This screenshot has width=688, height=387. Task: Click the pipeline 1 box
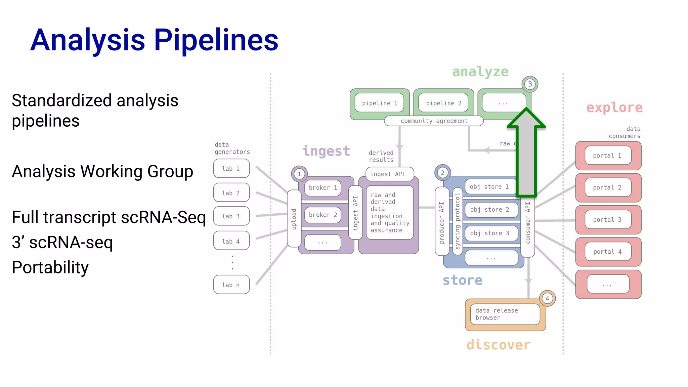click(379, 103)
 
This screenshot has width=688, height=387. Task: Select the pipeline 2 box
click(443, 103)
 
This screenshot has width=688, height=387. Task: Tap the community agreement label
click(434, 121)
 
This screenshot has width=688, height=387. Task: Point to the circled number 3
click(530, 84)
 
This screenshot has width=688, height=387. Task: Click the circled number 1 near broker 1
click(299, 174)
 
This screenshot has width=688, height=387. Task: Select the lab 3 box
click(231, 216)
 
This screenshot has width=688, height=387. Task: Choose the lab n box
click(231, 285)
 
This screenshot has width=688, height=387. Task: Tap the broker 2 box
click(322, 215)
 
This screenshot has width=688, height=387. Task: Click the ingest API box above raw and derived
click(389, 174)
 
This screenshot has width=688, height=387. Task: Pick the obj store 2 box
click(491, 210)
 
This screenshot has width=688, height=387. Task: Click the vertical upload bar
click(294, 219)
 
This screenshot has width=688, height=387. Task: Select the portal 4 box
click(607, 252)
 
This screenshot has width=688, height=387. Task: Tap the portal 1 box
click(607, 156)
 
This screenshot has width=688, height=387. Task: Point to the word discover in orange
click(498, 345)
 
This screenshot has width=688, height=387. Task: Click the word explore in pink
click(614, 108)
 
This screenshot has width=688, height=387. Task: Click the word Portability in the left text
click(50, 268)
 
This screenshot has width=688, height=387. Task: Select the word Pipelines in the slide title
click(216, 40)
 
